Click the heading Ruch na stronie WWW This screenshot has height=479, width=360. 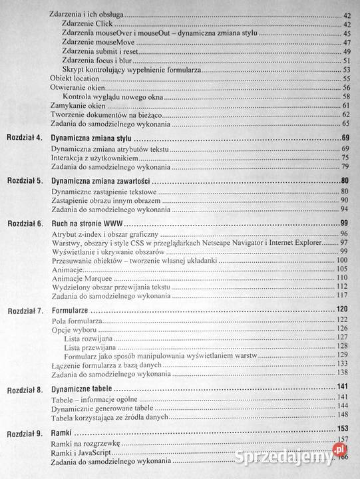click(90, 223)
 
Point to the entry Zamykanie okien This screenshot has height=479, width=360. click(78, 105)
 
